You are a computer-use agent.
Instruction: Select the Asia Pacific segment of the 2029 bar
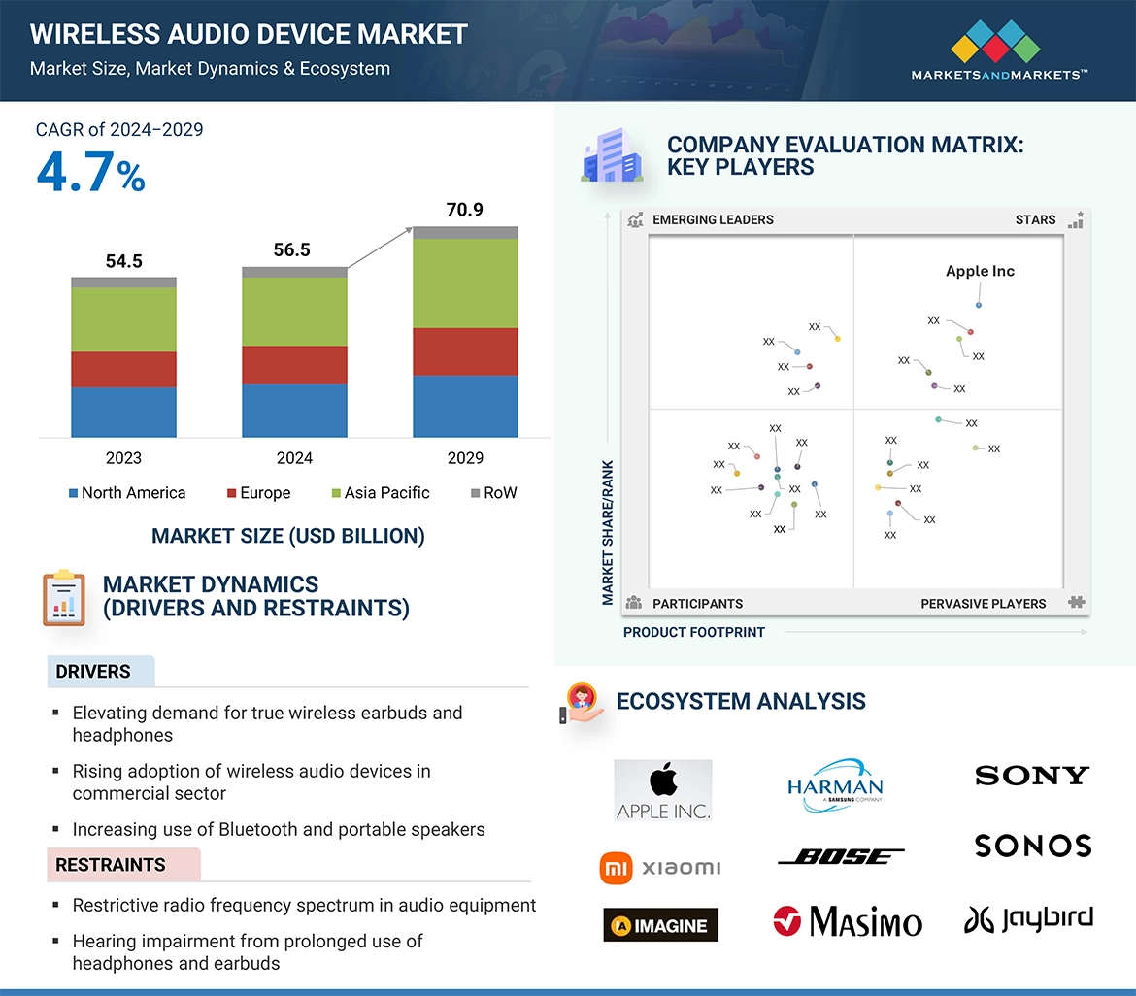pos(465,282)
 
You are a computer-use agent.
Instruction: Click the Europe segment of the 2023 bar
pos(123,369)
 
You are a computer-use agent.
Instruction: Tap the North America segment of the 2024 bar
pos(294,410)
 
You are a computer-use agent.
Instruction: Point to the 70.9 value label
pos(465,210)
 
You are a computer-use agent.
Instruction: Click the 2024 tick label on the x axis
pos(294,458)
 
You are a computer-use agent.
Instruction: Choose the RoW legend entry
pos(493,493)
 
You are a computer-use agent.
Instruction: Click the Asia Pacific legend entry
pos(380,493)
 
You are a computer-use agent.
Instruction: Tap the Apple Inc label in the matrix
pos(980,271)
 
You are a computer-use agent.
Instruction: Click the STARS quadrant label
pos(1035,219)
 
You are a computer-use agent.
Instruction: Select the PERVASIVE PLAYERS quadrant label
pos(983,604)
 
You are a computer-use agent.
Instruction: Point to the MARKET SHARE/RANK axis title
pos(608,532)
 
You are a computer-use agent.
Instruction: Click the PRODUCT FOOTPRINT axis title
pos(693,632)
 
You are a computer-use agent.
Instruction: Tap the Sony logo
pos(1032,776)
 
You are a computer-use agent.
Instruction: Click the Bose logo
pos(841,856)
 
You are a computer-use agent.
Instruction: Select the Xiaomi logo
pos(661,867)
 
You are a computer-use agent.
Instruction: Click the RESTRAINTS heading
pos(110,865)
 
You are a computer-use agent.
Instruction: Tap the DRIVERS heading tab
pos(93,672)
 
